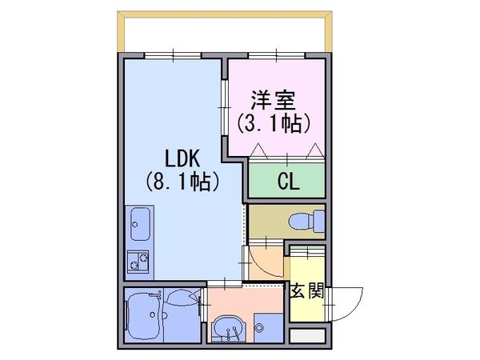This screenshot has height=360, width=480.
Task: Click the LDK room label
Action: pos(182,158)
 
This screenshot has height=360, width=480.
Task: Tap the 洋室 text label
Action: pos(274,100)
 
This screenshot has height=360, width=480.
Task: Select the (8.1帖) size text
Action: pos(182,182)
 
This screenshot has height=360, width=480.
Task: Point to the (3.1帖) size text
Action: pos(274,124)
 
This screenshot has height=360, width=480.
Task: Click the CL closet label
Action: pos(288,182)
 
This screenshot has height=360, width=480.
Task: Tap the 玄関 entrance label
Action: pos(307,290)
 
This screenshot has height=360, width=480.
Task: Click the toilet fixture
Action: pos(306,221)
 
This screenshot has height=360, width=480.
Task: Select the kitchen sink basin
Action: pos(141,224)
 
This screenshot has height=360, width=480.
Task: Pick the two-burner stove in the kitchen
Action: pos(138,261)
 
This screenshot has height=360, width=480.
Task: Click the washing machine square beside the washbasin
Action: pos(268,328)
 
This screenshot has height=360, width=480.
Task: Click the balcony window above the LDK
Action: pos(173,55)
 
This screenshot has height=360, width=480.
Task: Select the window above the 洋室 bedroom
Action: pos(277,55)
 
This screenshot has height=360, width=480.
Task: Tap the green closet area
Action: pos(286,180)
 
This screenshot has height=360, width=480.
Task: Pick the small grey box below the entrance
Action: pos(307,336)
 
